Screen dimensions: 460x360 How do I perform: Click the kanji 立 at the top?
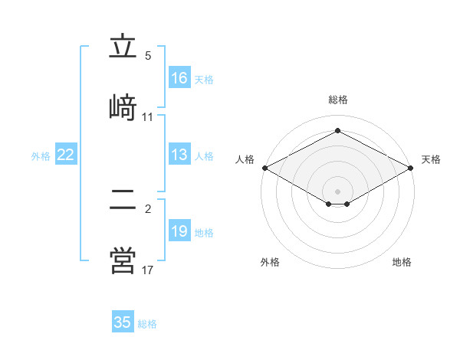pos(123,45)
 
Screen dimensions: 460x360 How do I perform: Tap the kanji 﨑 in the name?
pos(123,107)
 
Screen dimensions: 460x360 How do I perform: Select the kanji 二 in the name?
pos(123,199)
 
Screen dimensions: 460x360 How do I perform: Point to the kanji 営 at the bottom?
pos(123,260)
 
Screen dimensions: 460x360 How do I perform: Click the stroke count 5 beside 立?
pos(148,56)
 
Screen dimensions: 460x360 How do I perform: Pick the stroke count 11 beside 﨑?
pos(147,117)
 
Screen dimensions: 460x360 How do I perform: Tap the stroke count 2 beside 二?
pos(148,209)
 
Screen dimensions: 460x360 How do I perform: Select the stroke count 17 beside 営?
pos(147,270)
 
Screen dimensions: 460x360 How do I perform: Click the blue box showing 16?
pos(179,77)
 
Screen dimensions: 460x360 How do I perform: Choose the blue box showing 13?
pos(179,154)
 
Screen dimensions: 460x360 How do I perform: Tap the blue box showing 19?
pos(179,230)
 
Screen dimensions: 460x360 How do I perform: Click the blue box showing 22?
pos(66,154)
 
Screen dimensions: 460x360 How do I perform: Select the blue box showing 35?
pos(123,321)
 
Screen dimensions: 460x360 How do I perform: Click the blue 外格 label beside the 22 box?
pos(41,156)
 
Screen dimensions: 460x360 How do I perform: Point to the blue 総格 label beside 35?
pos(147,324)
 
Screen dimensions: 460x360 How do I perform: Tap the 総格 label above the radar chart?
pos(338,100)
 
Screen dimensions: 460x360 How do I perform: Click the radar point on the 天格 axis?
pos(411,168)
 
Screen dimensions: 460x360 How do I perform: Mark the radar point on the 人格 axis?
pos(265,168)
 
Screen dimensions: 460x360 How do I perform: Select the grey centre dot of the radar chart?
pos(337,191)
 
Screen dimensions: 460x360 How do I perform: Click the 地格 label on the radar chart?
pos(402,262)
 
